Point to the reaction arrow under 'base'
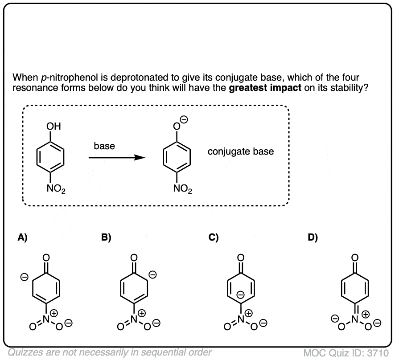(116, 157)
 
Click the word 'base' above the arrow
(104, 146)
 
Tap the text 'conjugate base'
(241, 151)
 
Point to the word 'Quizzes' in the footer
(24, 352)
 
